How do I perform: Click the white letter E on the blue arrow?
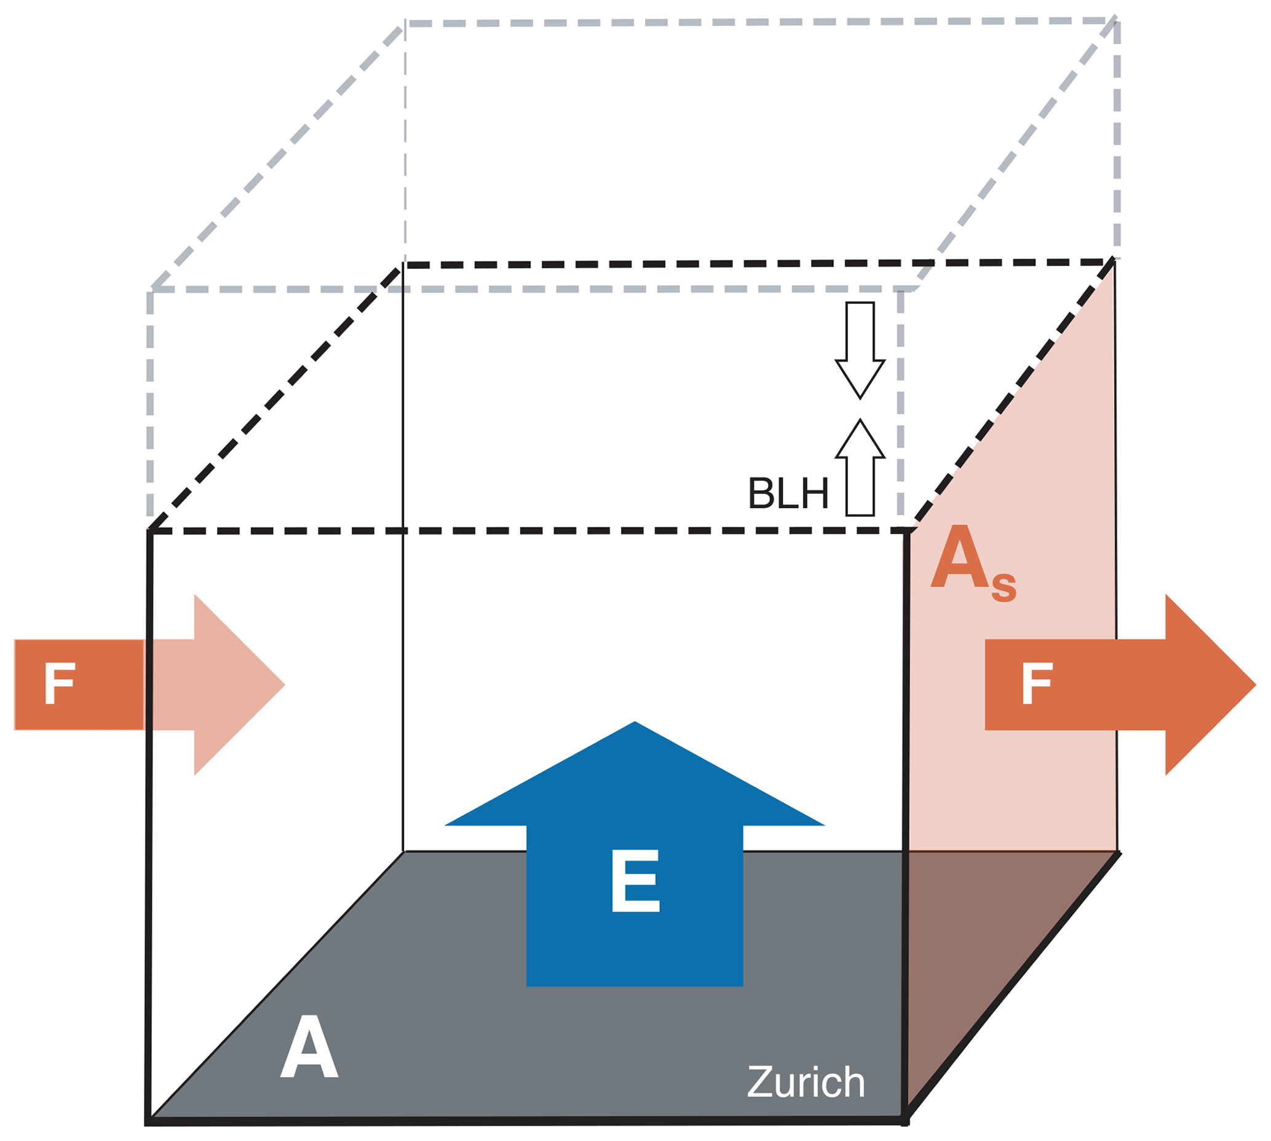pyautogui.click(x=635, y=880)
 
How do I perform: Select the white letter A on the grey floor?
pyautogui.click(x=309, y=1046)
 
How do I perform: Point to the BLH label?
pyautogui.click(x=788, y=493)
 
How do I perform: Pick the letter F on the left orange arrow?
pyautogui.click(x=60, y=684)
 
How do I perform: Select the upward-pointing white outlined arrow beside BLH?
pyautogui.click(x=860, y=467)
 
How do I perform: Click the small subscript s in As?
pyautogui.click(x=1004, y=587)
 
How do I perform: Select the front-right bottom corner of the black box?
pyautogui.click(x=905, y=1119)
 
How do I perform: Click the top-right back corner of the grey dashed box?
pyautogui.click(x=1116, y=20)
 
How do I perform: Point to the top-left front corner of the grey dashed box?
pyautogui.click(x=151, y=290)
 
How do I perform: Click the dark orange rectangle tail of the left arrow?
pyautogui.click(x=78, y=685)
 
